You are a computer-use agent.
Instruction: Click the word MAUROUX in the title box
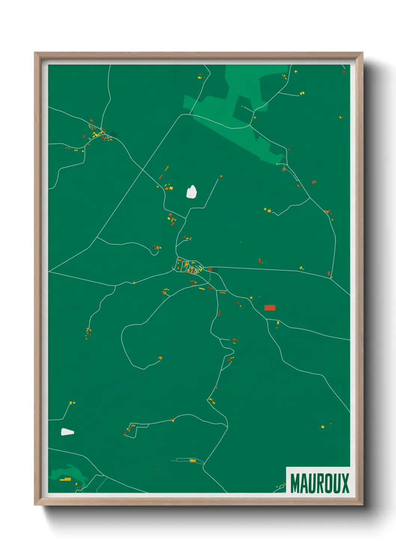[x=319, y=483]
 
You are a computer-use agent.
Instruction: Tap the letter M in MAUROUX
[x=295, y=483]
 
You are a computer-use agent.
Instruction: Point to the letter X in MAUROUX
[x=345, y=483]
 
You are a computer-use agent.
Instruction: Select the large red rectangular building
[x=270, y=308]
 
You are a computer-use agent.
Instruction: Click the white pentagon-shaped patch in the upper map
[x=192, y=192]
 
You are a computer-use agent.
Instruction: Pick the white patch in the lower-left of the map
[x=67, y=432]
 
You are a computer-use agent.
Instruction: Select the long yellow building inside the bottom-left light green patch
[x=66, y=479]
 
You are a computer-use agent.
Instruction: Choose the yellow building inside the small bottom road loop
[x=193, y=460]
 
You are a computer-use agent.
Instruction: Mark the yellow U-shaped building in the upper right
[x=302, y=92]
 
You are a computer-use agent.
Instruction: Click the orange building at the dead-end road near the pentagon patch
[x=221, y=176]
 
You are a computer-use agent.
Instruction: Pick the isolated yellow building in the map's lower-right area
[x=322, y=426]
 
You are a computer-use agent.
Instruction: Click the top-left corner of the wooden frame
[x=35, y=53]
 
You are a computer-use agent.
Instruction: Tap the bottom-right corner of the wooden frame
[x=363, y=505]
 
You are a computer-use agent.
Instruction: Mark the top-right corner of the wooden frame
[x=363, y=53]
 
